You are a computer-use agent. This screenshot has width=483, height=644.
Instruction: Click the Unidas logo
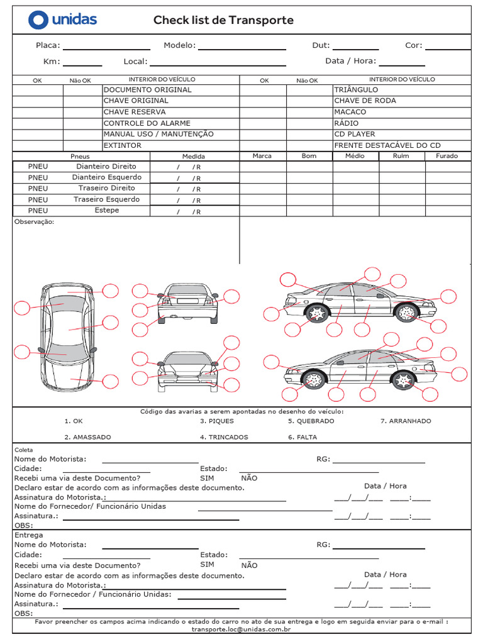[62, 19]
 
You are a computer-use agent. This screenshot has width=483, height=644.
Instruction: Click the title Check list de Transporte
[223, 20]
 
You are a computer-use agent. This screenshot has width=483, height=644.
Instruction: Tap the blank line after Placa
[106, 47]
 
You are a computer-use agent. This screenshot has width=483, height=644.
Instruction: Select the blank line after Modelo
[242, 47]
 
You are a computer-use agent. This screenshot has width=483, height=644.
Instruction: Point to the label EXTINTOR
[123, 145]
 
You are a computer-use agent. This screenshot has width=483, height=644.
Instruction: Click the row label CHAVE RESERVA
[135, 112]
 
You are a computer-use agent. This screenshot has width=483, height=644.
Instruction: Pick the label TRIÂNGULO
[356, 90]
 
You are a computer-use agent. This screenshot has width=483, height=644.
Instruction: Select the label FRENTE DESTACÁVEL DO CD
[387, 145]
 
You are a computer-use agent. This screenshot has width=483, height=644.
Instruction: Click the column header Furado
[447, 156]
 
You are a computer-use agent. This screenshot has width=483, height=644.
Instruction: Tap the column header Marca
[262, 156]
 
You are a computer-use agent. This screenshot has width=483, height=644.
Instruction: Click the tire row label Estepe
[106, 210]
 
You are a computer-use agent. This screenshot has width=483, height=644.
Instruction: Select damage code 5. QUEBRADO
[311, 421]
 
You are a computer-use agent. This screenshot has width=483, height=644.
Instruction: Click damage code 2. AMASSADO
[87, 437]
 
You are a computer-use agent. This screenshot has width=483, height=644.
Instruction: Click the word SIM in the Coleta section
[208, 478]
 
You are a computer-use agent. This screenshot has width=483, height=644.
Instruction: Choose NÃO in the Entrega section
[249, 565]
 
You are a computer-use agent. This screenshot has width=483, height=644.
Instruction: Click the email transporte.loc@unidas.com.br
[241, 629]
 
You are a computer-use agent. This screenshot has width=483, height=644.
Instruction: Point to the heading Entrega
[28, 535]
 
